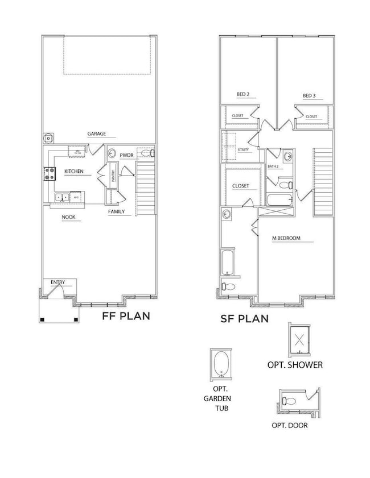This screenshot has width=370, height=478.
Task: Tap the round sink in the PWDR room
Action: pos(112,153)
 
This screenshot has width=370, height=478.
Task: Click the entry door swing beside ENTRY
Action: pos(55,290)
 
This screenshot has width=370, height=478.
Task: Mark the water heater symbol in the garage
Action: pos(49,138)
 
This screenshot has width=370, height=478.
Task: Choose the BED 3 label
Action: pos(309,94)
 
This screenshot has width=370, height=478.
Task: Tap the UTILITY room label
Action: pos(244,149)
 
